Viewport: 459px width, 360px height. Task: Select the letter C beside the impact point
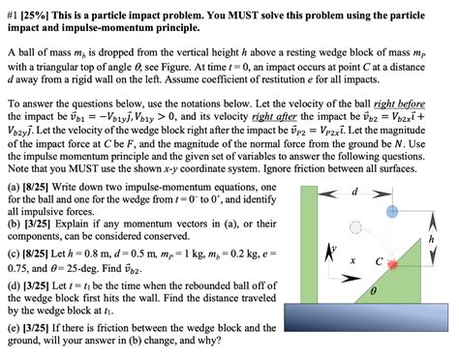(x=380, y=259)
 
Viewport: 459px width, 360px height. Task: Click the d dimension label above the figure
(x=354, y=192)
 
